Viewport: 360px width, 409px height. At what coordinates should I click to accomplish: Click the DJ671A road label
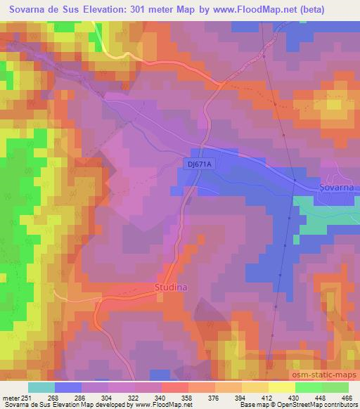pos(200,163)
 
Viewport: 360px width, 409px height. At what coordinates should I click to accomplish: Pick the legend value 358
pos(188,398)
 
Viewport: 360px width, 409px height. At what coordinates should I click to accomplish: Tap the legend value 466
pos(346,398)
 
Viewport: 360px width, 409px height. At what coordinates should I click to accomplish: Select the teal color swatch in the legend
pos(41,387)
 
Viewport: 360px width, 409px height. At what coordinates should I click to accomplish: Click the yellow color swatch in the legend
pos(281,387)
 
